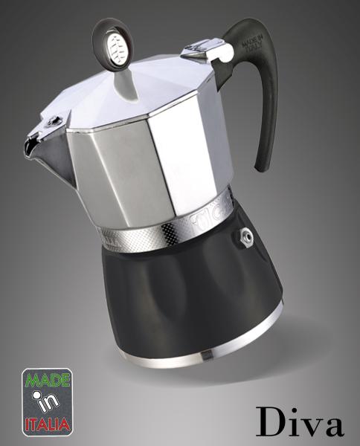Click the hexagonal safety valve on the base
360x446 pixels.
[x=244, y=236]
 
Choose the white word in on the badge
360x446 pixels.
[x=48, y=402]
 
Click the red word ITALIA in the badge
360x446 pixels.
[x=48, y=424]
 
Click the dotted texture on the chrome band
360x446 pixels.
[x=141, y=238]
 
